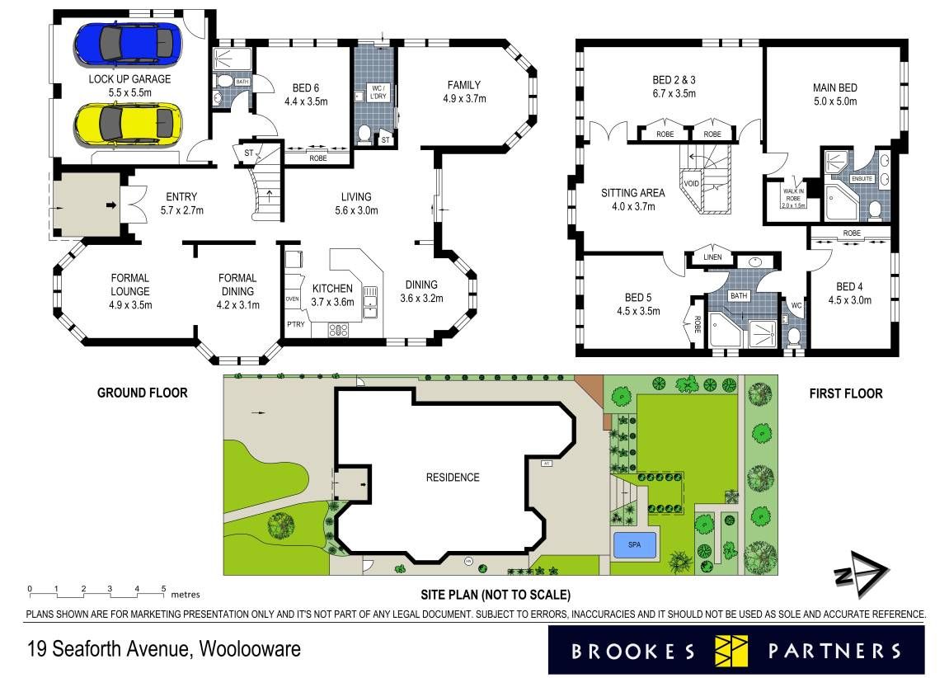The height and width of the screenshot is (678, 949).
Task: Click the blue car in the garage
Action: tap(128, 44)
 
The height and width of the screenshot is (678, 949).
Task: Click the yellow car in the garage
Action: tap(128, 124)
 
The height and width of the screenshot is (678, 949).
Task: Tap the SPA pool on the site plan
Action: tap(634, 545)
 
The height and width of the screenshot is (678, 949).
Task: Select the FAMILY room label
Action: tap(464, 85)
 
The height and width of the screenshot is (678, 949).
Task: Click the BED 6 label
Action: tap(306, 88)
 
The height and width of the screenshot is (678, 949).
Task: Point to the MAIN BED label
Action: tap(834, 87)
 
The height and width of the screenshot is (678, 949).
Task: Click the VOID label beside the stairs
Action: tap(691, 183)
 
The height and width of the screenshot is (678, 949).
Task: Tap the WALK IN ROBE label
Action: tap(793, 195)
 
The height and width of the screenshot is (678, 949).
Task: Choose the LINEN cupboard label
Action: tap(713, 257)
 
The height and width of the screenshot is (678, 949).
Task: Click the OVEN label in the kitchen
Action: tap(293, 299)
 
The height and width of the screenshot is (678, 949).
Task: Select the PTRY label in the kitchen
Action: tap(296, 324)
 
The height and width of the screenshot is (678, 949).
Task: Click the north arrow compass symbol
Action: tap(861, 573)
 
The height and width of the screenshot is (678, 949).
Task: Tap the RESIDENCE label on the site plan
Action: tap(453, 478)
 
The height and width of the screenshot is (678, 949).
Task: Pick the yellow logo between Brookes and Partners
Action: tap(731, 651)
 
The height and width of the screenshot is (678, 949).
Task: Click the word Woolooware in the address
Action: tap(250, 650)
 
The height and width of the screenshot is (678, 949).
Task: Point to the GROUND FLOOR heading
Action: tap(143, 393)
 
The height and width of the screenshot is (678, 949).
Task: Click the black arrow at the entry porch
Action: tap(111, 205)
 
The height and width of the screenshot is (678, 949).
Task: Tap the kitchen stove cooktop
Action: tap(338, 330)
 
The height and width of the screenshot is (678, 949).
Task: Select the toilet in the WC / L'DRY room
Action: tap(364, 134)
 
